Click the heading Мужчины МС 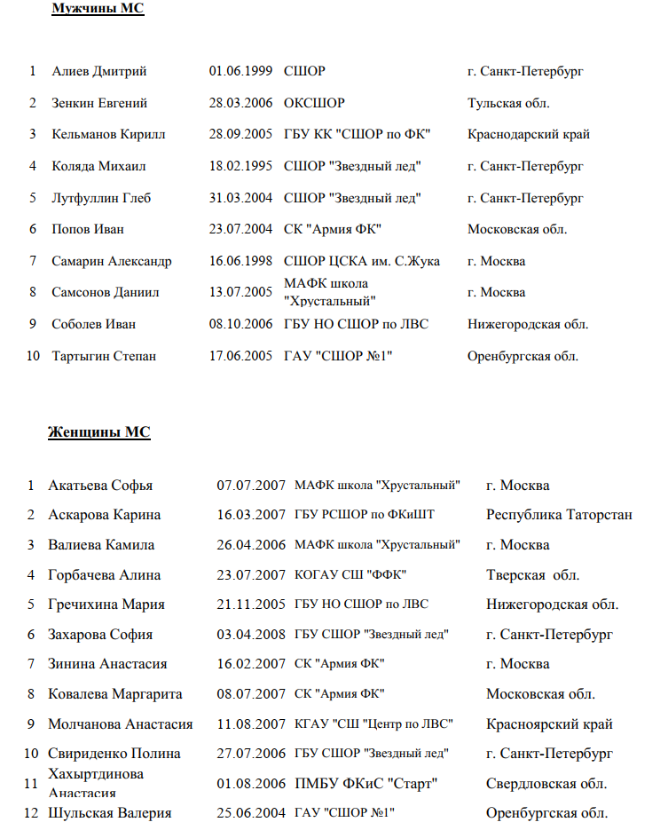coord(98,9)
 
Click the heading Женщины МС coord(98,432)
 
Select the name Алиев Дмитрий coord(99,72)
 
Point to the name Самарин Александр coord(112,261)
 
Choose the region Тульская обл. coord(508,103)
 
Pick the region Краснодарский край coord(529,134)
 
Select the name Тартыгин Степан coord(104,356)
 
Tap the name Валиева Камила coord(101,545)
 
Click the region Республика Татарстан coord(559,515)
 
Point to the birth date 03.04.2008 coord(251,635)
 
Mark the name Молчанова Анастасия coord(121,724)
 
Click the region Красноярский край coord(549,724)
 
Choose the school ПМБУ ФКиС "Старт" coord(366,784)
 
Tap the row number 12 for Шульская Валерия coord(31,813)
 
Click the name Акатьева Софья coord(100,486)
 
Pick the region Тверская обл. coord(532,575)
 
